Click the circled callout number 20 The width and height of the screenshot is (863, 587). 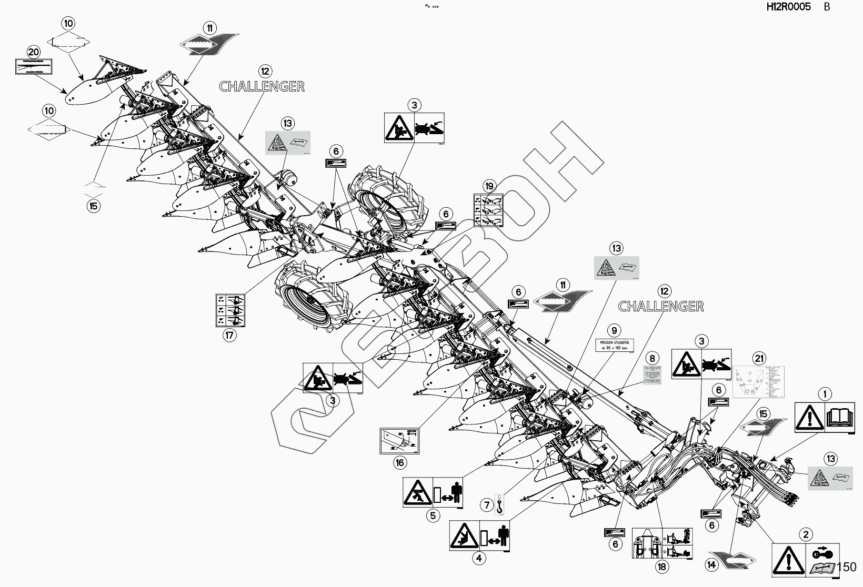click(33, 52)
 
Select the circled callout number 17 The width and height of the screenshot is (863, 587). click(229, 335)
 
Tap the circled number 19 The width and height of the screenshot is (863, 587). click(489, 186)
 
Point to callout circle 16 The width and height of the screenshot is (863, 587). click(400, 462)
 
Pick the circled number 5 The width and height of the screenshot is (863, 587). click(433, 515)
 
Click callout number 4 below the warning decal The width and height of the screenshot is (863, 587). click(478, 559)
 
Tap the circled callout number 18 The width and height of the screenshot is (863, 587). click(661, 566)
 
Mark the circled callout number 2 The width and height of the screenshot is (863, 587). click(806, 535)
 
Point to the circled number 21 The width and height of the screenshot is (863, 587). click(758, 359)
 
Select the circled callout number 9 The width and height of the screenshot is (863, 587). click(614, 331)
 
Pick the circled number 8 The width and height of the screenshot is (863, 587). click(652, 359)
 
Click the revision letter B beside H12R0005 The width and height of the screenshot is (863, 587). click(827, 7)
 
